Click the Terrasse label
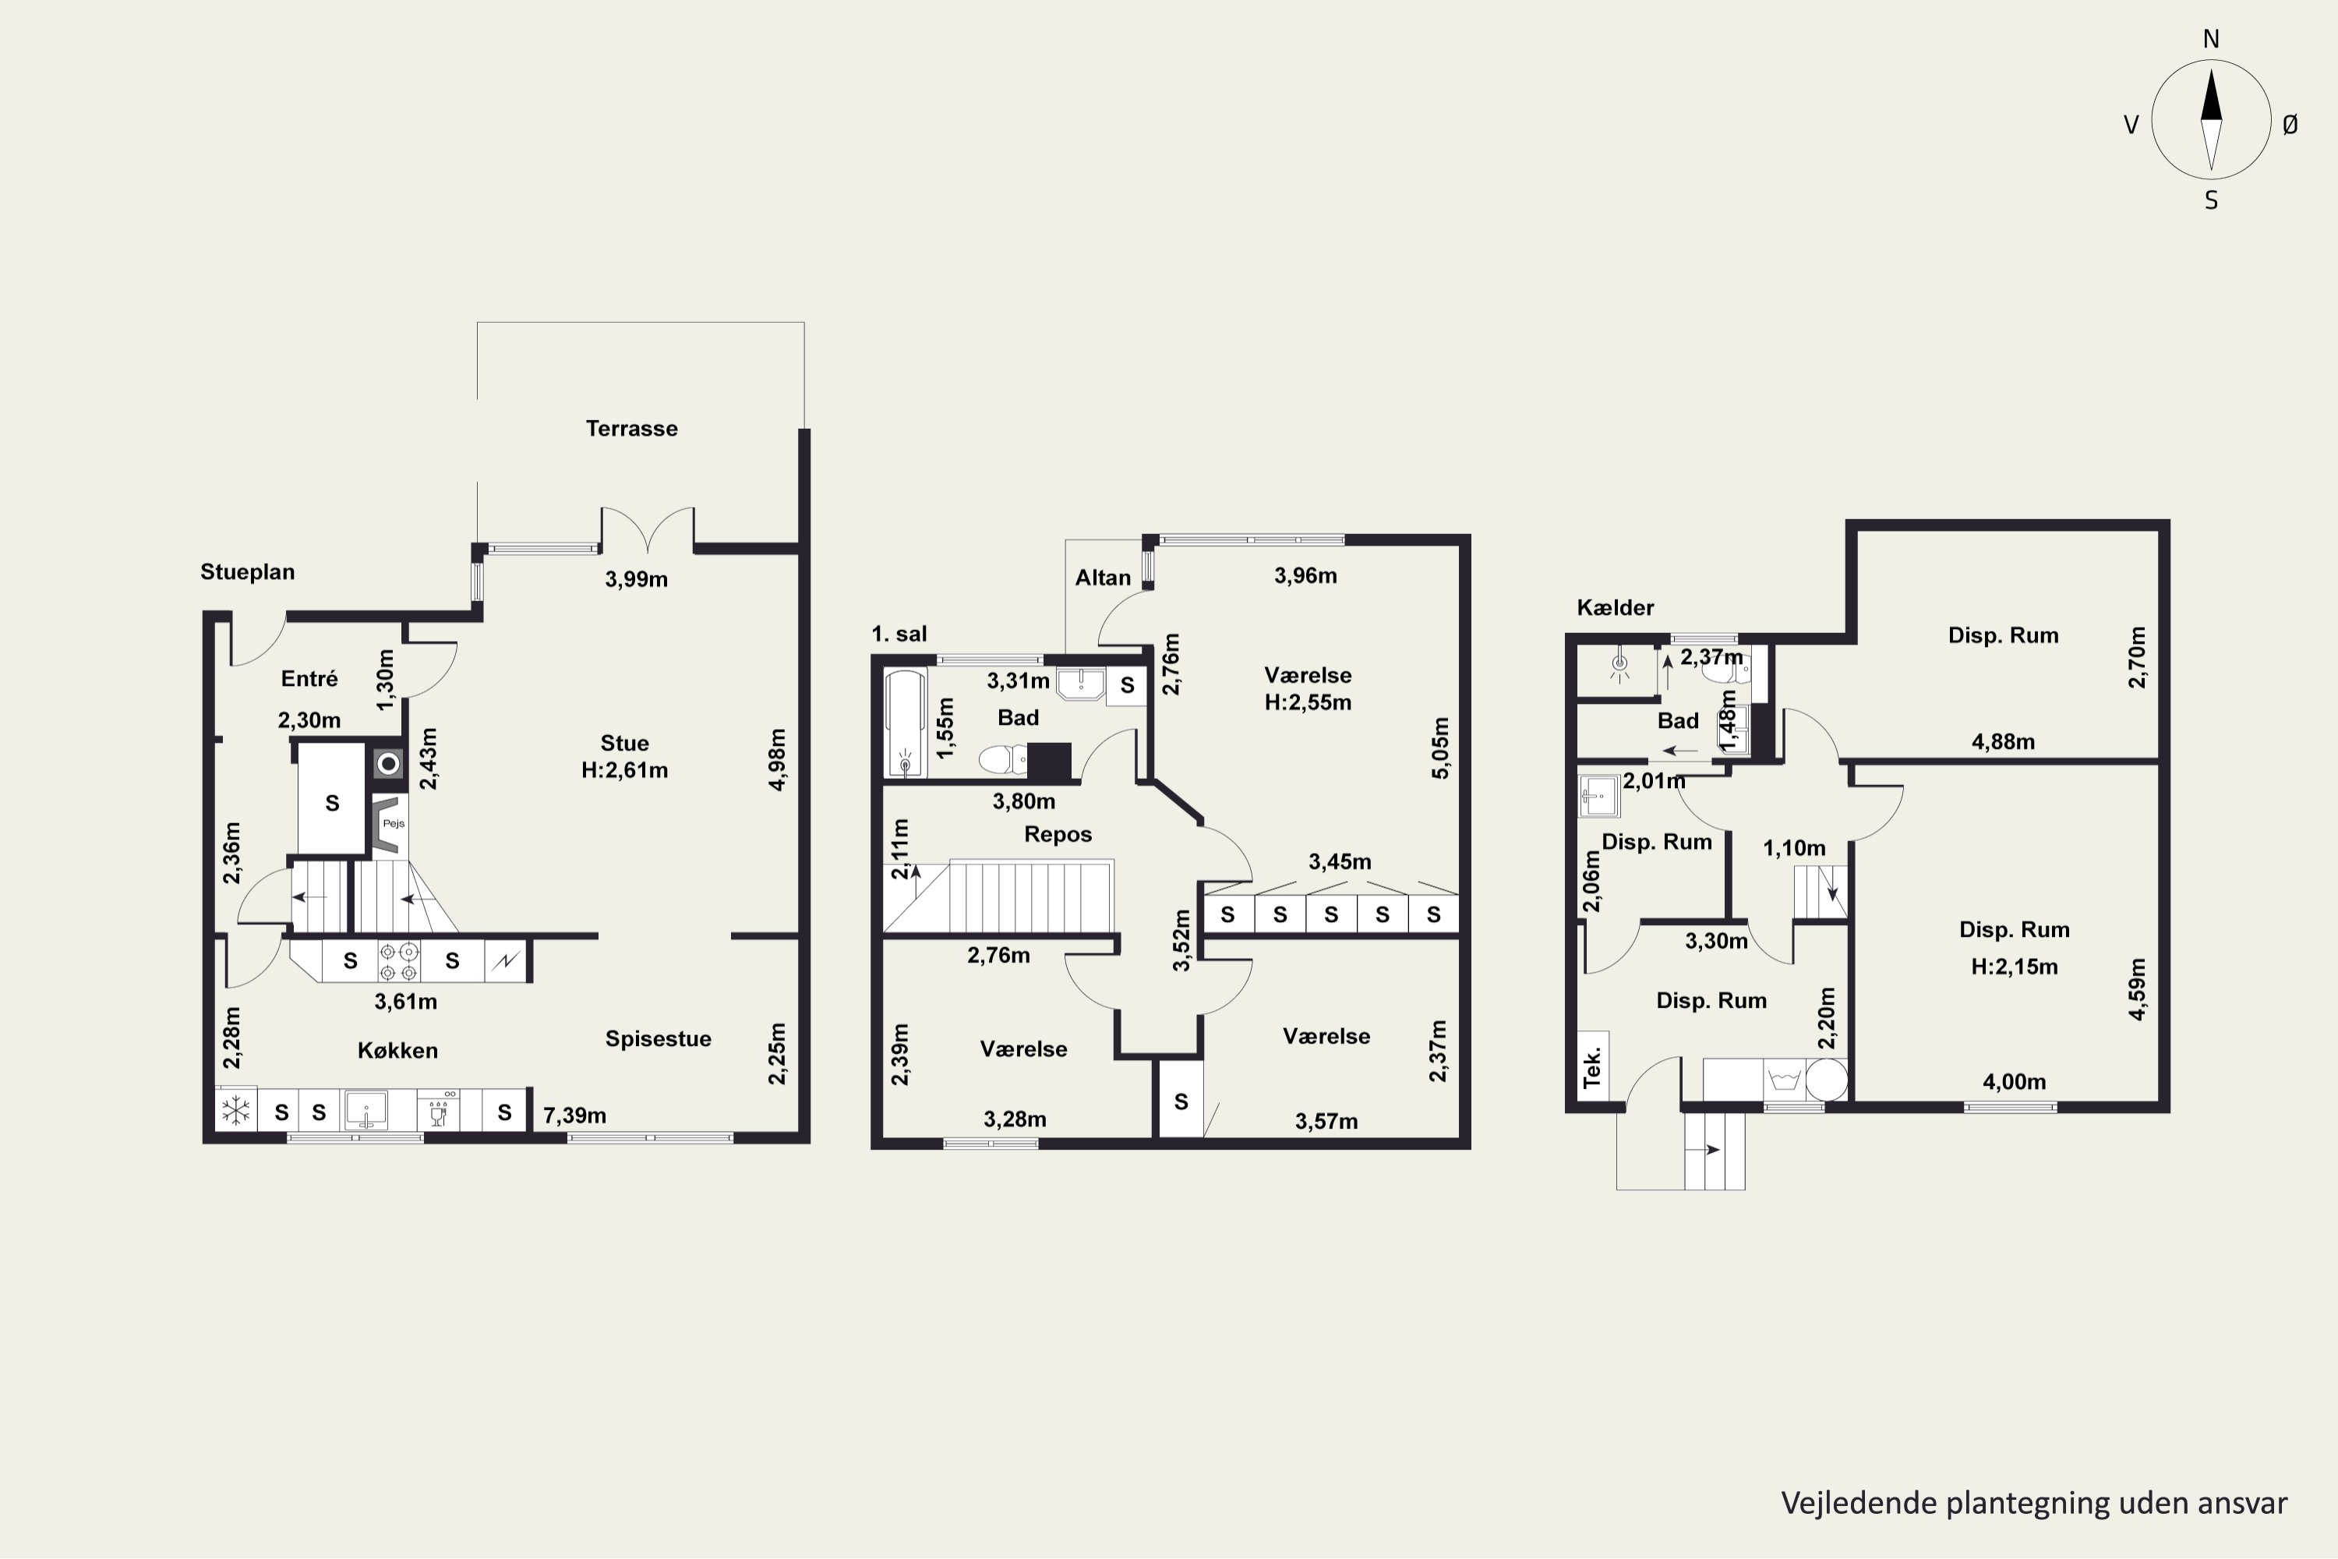click(x=631, y=429)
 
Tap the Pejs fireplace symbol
click(x=389, y=824)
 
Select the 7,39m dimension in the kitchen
click(x=574, y=1115)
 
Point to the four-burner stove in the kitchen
click(x=398, y=961)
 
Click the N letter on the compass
click(x=2211, y=39)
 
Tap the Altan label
click(x=1103, y=578)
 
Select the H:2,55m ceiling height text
click(x=1307, y=702)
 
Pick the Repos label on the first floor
click(x=1058, y=834)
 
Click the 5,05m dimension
click(x=1440, y=748)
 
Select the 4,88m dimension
click(x=2003, y=742)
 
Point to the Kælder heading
click(x=1616, y=607)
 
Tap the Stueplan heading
click(x=248, y=571)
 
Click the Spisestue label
click(x=658, y=1039)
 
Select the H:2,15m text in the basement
click(x=2014, y=967)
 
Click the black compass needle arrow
click(x=2211, y=94)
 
